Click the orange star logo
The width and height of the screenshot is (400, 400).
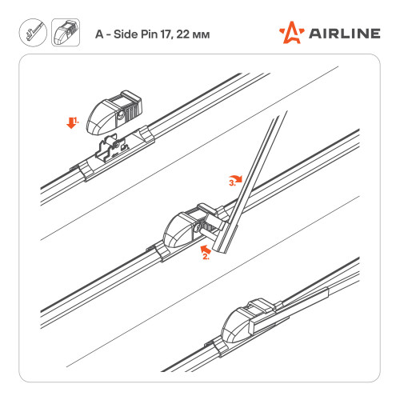291,33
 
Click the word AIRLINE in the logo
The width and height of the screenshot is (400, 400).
345,34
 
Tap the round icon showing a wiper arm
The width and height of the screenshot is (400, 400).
33,33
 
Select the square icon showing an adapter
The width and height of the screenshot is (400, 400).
66,33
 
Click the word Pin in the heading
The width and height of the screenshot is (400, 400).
150,34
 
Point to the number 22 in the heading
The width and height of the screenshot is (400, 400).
183,34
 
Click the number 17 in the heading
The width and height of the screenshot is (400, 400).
166,34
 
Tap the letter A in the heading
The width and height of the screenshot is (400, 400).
99,34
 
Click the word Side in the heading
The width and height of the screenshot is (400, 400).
126,34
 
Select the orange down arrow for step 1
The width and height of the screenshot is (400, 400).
71,122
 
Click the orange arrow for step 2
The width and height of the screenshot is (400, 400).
206,250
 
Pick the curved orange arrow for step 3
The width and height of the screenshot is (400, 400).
236,178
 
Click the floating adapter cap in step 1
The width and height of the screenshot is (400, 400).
114,112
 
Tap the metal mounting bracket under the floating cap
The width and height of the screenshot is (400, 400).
112,147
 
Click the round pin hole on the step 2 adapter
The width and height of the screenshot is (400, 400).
198,227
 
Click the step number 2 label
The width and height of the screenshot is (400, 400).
206,257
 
